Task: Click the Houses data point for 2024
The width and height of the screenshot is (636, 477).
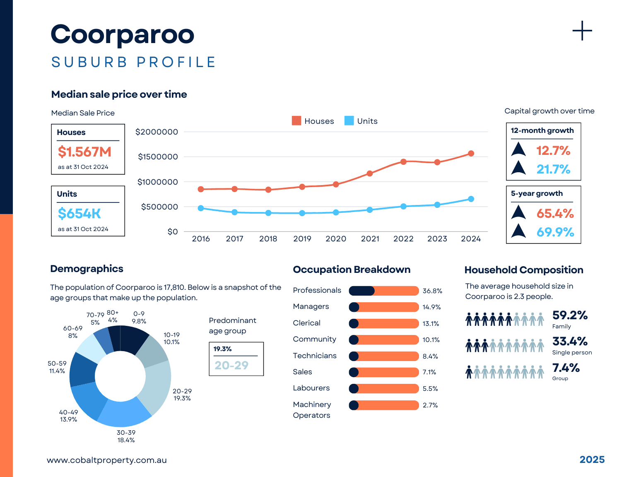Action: tap(471, 154)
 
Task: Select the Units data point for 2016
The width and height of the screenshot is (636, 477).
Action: tap(201, 208)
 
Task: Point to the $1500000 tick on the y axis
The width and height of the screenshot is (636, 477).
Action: tap(158, 157)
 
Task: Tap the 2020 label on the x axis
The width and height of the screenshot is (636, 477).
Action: tap(336, 239)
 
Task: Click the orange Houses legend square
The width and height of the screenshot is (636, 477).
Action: tap(296, 121)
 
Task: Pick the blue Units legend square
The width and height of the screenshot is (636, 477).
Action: tap(349, 121)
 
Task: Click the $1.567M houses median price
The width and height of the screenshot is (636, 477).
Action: tap(84, 152)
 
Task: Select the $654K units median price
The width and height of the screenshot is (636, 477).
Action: tap(79, 214)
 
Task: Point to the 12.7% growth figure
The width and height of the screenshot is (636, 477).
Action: tap(553, 150)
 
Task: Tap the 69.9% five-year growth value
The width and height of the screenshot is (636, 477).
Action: tap(555, 232)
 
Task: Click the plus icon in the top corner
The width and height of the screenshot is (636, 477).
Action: tap(582, 31)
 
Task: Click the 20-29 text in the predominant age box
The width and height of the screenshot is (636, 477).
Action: tap(231, 365)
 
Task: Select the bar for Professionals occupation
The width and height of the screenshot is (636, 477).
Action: tap(384, 291)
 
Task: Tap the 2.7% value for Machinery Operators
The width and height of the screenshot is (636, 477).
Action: tap(430, 405)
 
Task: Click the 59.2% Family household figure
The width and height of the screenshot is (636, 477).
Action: tap(570, 316)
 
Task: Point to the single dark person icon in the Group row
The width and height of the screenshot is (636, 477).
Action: tap(469, 372)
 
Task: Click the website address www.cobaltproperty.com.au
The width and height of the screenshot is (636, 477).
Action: tap(107, 460)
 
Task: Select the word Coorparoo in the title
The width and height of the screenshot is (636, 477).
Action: tap(123, 34)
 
